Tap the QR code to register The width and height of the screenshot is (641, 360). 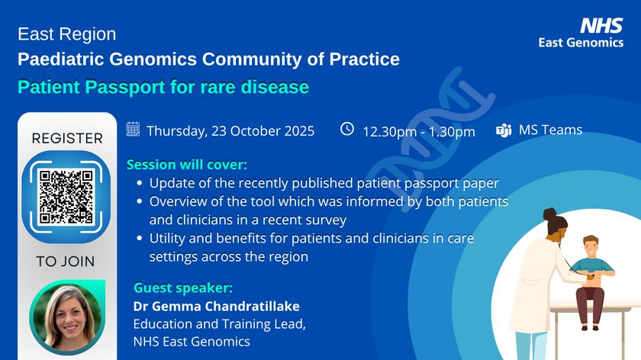click(x=67, y=196)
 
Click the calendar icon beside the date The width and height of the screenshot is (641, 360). click(x=133, y=129)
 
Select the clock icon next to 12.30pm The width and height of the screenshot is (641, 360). click(x=347, y=129)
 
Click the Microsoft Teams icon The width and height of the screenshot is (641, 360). click(x=504, y=130)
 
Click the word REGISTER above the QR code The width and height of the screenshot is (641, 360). click(x=67, y=139)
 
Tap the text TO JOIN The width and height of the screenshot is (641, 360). click(x=66, y=262)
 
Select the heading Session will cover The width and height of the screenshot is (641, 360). click(x=187, y=164)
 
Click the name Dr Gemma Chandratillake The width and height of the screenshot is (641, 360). click(x=217, y=307)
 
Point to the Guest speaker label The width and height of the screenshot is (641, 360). click(x=183, y=288)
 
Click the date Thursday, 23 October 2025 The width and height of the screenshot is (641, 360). click(x=230, y=130)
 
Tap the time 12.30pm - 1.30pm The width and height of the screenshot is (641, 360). click(x=418, y=131)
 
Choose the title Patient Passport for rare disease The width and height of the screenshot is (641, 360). click(x=163, y=86)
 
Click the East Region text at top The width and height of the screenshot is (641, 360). click(x=67, y=34)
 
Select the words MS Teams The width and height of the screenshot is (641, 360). click(x=550, y=130)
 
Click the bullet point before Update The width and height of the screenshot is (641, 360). click(x=138, y=184)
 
